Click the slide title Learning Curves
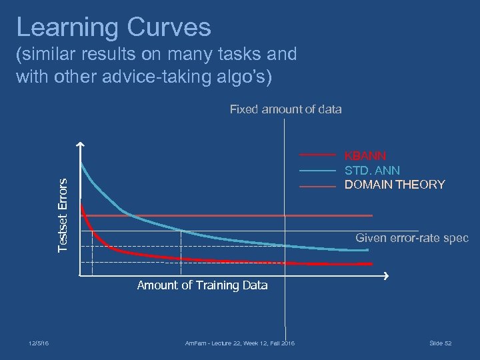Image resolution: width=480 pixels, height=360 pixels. tap(113, 27)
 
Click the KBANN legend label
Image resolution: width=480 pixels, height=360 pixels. tap(365, 155)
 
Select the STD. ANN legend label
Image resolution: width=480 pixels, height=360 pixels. tap(371, 171)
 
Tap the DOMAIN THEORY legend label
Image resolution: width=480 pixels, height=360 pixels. tap(394, 185)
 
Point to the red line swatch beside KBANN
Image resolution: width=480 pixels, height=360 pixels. tap(317, 155)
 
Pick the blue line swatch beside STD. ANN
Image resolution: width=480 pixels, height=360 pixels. tap(317, 171)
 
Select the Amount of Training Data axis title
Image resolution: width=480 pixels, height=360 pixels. tap(202, 285)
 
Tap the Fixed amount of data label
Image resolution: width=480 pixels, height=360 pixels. tap(285, 109)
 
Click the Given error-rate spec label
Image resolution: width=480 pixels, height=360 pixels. tap(411, 238)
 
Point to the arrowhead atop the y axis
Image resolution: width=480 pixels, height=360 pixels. tap(80, 145)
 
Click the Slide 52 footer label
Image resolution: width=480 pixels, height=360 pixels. tap(440, 343)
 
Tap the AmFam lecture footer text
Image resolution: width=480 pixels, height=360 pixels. tap(239, 343)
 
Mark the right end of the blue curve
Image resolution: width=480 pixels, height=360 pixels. tap(367, 250)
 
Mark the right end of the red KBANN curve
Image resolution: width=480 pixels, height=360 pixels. tap(371, 264)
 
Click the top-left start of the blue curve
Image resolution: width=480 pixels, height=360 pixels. tap(81, 163)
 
